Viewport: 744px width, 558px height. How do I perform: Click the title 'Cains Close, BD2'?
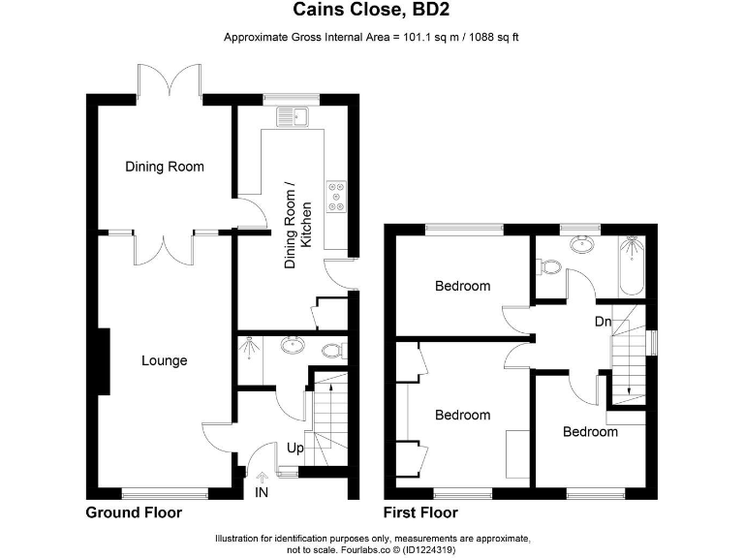372,12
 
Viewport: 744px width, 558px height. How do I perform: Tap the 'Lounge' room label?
164,360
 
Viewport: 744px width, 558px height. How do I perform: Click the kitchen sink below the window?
292,117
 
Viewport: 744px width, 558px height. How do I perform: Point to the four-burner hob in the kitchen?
337,196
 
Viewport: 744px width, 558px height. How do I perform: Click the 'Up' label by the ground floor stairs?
294,449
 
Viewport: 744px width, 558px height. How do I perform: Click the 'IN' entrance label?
262,493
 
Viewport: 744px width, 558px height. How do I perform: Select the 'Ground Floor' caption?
134,512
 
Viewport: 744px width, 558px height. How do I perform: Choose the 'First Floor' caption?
420,512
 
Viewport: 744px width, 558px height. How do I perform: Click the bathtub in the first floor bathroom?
631,265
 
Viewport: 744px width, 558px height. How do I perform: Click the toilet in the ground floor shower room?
333,350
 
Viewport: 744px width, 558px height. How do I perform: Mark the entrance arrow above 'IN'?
262,476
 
